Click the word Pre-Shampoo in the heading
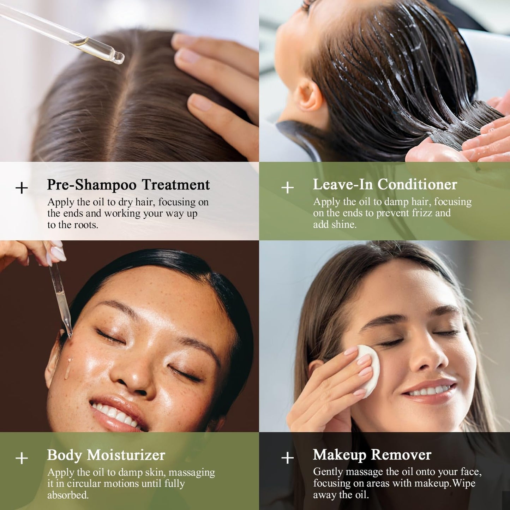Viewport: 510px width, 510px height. click(92, 185)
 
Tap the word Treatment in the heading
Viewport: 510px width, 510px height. click(176, 185)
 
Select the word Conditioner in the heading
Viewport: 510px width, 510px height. click(418, 184)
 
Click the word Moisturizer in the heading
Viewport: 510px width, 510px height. click(126, 455)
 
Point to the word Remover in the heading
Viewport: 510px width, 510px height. click(401, 455)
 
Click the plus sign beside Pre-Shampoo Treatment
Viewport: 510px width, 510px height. click(22, 188)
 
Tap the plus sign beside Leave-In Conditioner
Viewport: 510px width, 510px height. click(287, 188)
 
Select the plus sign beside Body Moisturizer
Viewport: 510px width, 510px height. click(22, 458)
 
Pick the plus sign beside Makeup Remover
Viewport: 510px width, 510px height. click(287, 458)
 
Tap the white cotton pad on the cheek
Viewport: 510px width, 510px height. click(369, 371)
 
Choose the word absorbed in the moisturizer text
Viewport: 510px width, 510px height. click(68, 495)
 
